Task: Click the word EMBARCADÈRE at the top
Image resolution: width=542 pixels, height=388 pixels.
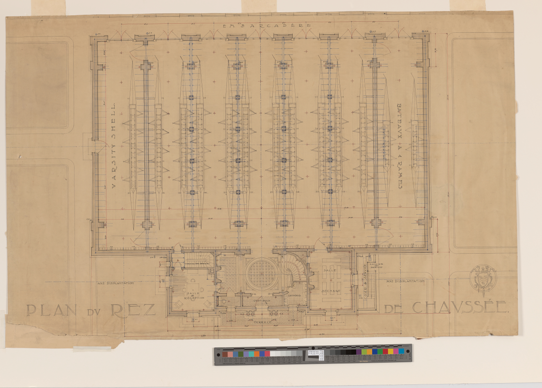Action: [x=266, y=25]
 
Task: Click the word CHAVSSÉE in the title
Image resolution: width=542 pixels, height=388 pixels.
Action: [x=461, y=307]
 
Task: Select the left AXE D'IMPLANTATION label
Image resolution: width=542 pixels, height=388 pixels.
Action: [x=116, y=283]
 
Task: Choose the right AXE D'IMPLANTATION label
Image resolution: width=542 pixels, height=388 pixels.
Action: [x=405, y=281]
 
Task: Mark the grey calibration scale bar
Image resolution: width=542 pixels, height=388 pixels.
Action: [x=312, y=355]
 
